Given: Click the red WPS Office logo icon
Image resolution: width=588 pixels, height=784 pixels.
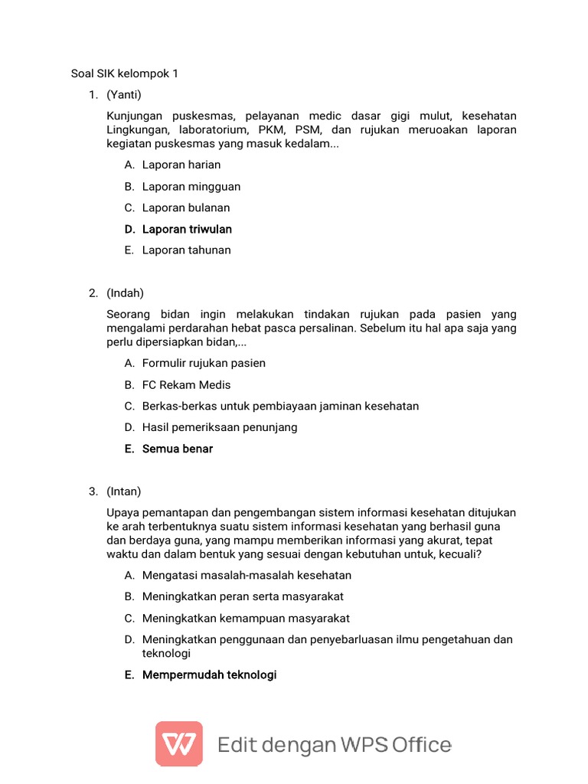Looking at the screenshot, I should [x=179, y=743].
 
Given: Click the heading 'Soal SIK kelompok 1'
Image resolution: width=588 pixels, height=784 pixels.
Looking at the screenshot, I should [x=124, y=73].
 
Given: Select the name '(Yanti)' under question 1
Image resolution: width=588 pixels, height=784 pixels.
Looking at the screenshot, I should [x=124, y=95].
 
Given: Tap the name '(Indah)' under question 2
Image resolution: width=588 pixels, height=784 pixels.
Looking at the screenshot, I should [x=126, y=293].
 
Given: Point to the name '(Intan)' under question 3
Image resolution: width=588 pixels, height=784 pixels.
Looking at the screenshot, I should [x=124, y=492].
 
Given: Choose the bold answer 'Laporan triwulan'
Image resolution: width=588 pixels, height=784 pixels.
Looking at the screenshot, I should [x=187, y=229].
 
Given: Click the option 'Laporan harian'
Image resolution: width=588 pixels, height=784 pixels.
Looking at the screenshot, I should [x=181, y=165].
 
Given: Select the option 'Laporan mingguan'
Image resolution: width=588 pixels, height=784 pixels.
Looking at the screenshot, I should [x=191, y=186].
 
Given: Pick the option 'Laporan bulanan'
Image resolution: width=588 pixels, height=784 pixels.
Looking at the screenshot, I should [x=186, y=207].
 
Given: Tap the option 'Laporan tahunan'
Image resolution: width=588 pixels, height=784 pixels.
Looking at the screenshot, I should [x=186, y=250].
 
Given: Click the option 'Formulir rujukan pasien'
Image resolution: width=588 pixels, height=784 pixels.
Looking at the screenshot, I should [x=204, y=363].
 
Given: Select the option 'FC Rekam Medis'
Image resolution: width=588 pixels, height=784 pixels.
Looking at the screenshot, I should [x=186, y=384].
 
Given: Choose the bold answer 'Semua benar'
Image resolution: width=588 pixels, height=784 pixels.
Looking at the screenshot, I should [x=178, y=449].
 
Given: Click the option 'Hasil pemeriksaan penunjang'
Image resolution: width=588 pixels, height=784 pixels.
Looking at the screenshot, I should [x=220, y=427].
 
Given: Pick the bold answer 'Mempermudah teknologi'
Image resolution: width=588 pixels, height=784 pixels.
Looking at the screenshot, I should [x=209, y=675].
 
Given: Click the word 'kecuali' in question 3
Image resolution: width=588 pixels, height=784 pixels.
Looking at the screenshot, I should [x=459, y=554].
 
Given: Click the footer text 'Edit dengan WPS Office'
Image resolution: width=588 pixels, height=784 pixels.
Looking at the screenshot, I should [x=335, y=744].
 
